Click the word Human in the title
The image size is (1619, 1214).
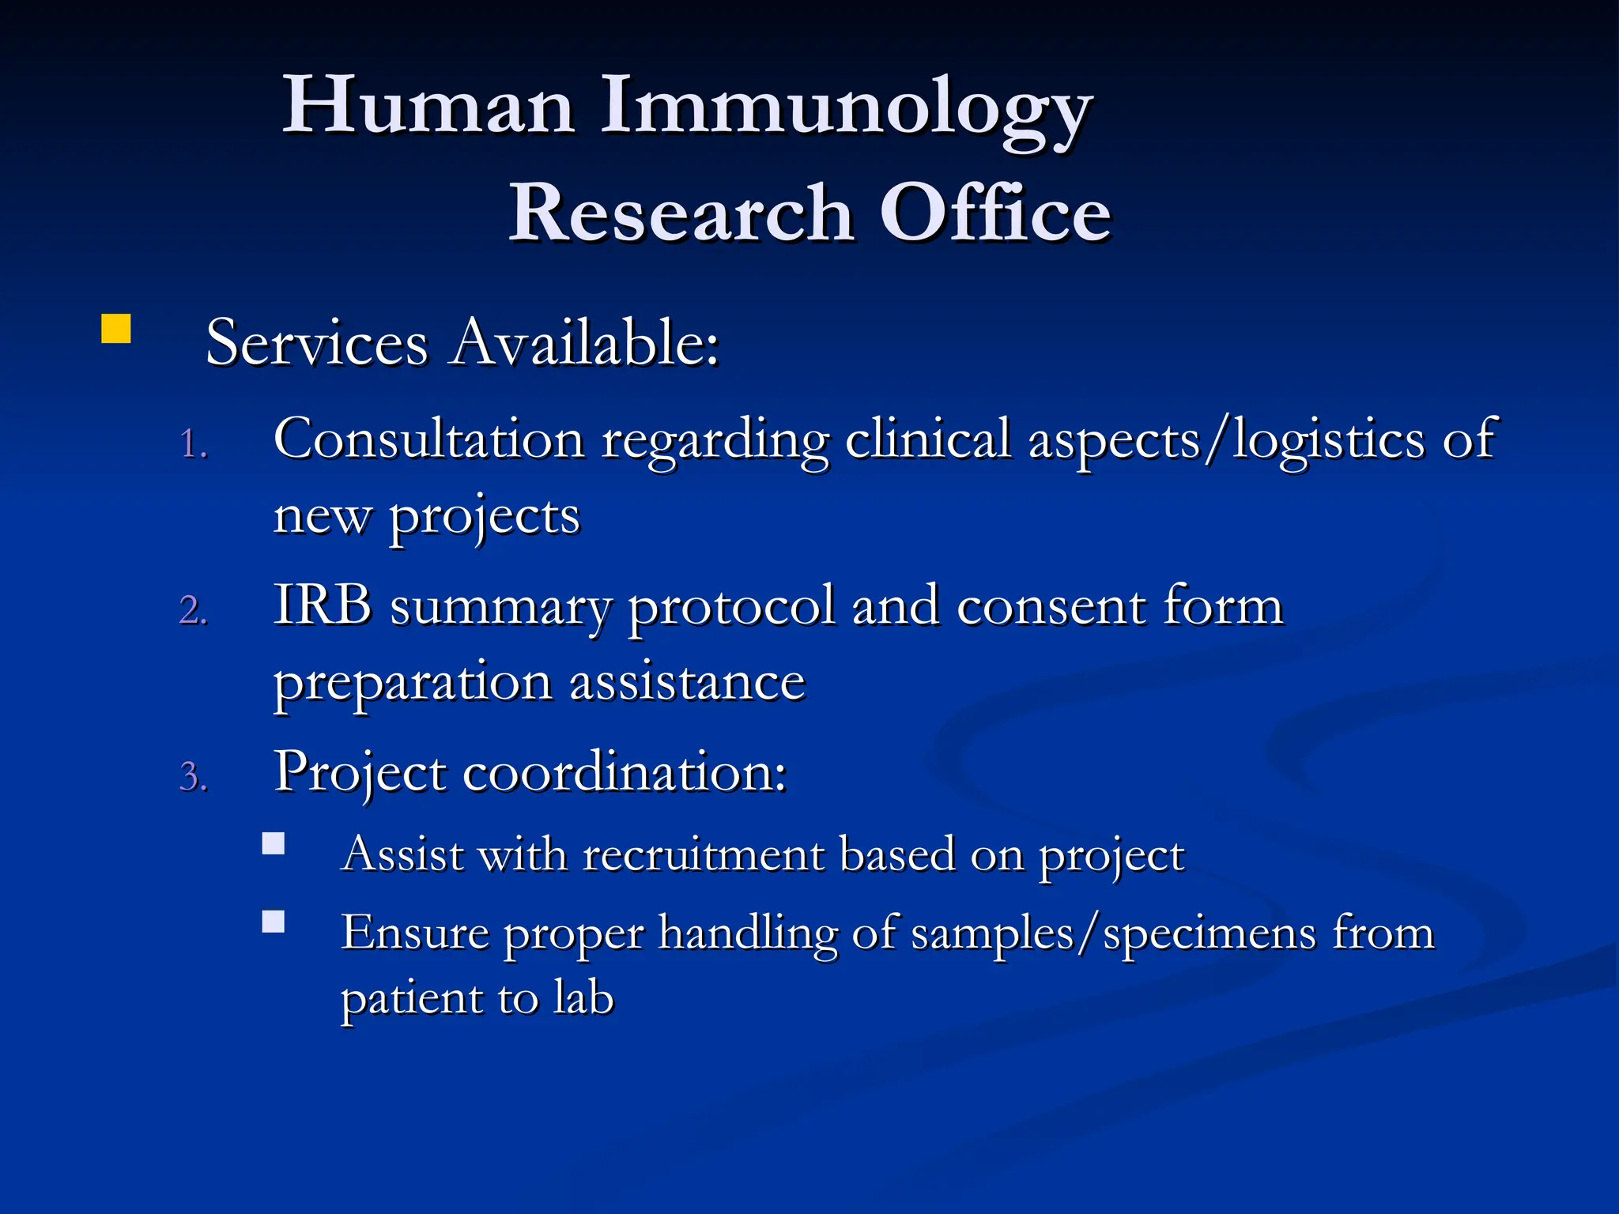coord(427,107)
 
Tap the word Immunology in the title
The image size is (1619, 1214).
coord(846,111)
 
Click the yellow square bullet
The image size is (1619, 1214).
coord(115,329)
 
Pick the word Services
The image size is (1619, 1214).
coord(316,344)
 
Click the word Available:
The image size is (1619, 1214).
coord(585,344)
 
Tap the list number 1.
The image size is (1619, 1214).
coord(193,444)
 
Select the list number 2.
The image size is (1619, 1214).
coord(193,611)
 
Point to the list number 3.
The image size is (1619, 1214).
coord(193,777)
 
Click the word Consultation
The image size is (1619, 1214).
coord(428,439)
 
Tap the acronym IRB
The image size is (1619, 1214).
coord(323,606)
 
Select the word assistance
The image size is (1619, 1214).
coord(687,683)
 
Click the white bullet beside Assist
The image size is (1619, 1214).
coord(274,844)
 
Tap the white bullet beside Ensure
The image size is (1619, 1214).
coord(274,922)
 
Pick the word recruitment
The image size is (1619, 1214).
coord(704,855)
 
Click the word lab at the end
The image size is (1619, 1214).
coord(583,997)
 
